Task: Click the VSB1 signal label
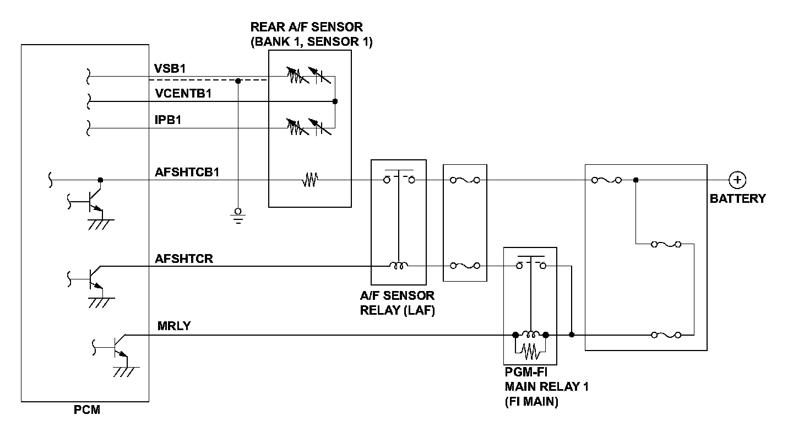click(170, 68)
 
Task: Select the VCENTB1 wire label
click(183, 94)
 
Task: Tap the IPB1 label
click(168, 120)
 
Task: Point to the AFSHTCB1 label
click(187, 173)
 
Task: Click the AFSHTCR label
click(184, 258)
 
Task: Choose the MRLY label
click(174, 326)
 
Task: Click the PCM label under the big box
click(87, 410)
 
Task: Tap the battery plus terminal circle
click(737, 180)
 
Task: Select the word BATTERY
click(738, 198)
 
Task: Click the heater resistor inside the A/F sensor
click(310, 180)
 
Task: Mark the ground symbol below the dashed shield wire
click(238, 216)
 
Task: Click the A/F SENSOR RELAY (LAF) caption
click(397, 303)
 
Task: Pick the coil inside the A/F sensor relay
click(399, 265)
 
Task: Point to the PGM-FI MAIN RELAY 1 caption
click(547, 387)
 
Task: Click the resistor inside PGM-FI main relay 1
click(531, 352)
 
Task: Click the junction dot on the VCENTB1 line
click(335, 101)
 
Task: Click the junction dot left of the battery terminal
click(636, 180)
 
